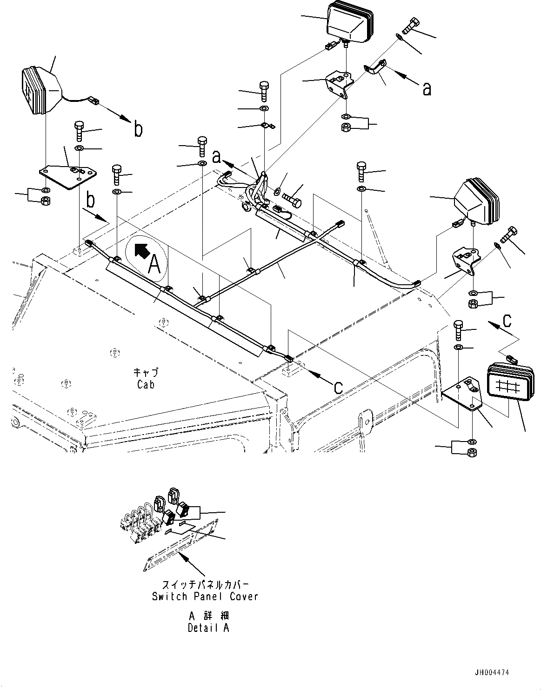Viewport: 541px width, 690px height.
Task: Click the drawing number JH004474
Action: tap(492, 672)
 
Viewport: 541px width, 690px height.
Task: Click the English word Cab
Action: tap(146, 384)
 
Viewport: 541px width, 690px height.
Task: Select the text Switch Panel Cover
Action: tap(205, 596)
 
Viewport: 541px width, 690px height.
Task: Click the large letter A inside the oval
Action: tap(154, 265)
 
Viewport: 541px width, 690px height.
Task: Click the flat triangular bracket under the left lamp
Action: tap(68, 175)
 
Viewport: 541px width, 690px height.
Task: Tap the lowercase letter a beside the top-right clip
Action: tap(427, 88)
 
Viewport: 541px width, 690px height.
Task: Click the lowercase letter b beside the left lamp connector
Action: tap(138, 129)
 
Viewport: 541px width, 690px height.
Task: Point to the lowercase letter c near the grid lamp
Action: tap(508, 320)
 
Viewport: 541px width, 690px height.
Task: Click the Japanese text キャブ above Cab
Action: tap(146, 372)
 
